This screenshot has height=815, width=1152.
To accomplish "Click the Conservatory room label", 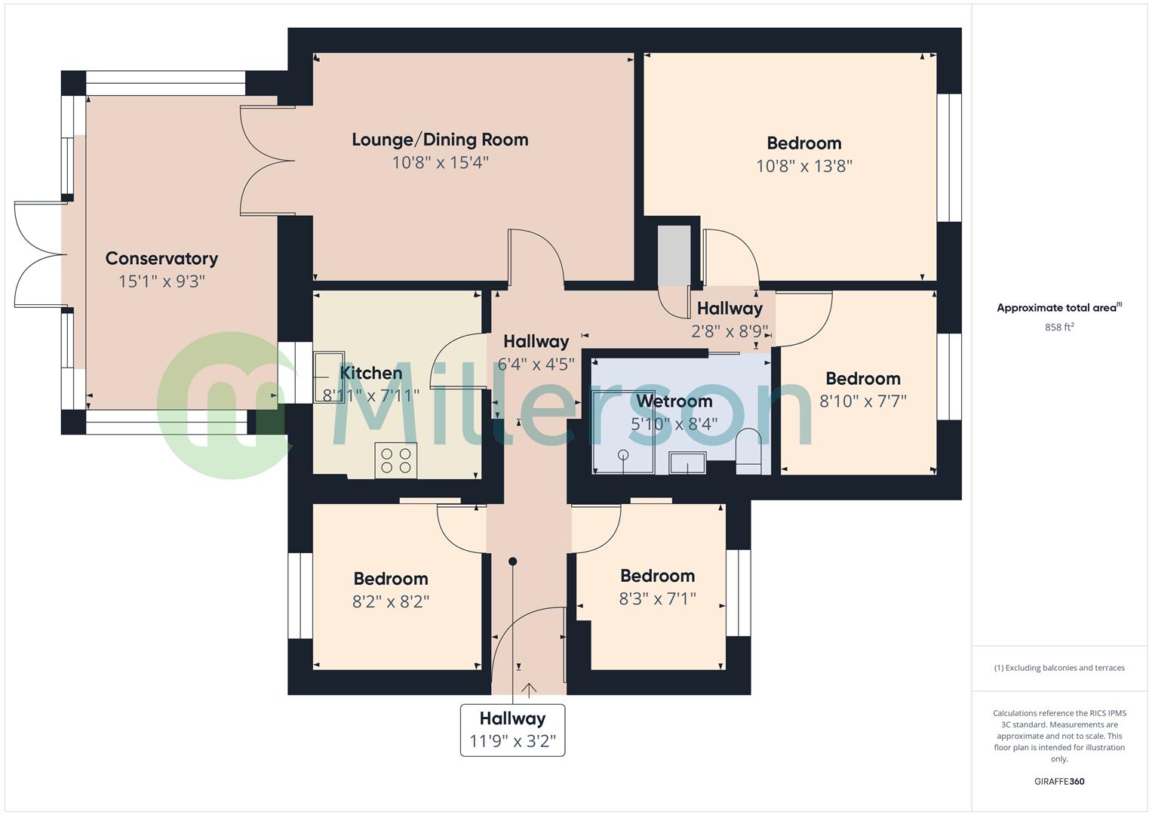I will click(161, 259).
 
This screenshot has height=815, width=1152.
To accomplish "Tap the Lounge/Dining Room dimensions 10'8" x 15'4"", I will click(440, 162).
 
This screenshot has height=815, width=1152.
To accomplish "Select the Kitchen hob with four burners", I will click(395, 460).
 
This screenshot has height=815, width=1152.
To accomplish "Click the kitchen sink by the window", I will click(329, 376).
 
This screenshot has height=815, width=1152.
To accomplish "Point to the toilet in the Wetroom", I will click(749, 453).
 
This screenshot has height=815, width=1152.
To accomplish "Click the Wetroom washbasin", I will click(687, 463).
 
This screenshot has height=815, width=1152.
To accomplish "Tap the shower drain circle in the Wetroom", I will click(623, 454).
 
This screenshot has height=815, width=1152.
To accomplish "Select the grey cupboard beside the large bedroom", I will click(674, 255).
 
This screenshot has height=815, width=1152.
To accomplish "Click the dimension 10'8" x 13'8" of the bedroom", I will click(803, 166).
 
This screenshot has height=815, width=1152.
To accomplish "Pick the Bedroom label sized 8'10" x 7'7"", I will click(862, 379).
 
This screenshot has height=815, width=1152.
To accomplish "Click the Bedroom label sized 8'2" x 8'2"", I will click(391, 579).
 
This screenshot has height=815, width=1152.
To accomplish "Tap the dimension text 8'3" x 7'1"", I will click(657, 599).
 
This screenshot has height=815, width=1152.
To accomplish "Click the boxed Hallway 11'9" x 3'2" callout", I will click(512, 730).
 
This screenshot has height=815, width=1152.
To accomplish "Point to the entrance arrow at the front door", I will click(529, 689).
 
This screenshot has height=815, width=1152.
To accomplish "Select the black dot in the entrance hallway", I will click(513, 561).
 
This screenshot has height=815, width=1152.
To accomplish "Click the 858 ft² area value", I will click(1058, 328).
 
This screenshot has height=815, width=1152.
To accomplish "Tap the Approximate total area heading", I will click(1058, 308).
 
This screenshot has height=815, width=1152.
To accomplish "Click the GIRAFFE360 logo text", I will click(1058, 781).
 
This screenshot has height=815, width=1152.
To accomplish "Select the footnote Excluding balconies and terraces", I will click(1058, 668).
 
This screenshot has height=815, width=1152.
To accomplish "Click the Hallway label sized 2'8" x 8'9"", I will click(730, 309).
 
